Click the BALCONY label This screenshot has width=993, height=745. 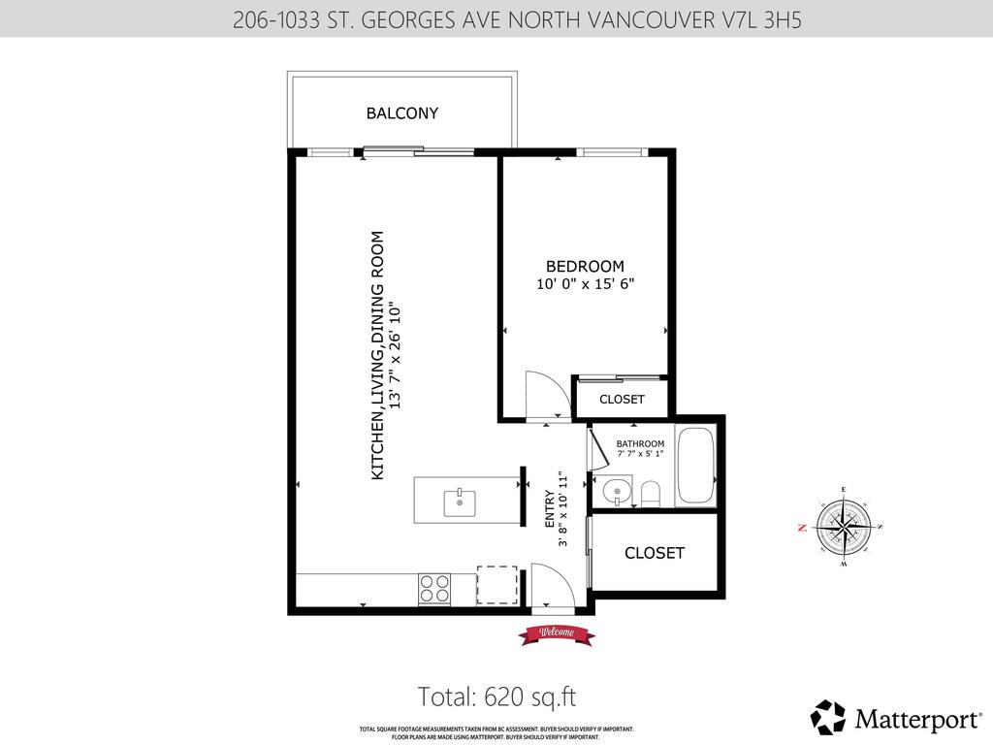point(401,113)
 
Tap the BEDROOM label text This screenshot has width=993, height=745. point(585,267)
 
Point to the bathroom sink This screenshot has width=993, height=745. point(614,493)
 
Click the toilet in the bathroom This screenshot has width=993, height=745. point(650,494)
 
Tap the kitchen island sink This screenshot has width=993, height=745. point(459,502)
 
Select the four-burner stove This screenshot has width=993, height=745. point(434,589)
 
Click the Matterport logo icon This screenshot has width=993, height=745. point(827,717)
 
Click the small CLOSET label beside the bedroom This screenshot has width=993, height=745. point(622,400)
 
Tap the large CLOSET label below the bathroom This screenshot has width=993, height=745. point(655,553)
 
